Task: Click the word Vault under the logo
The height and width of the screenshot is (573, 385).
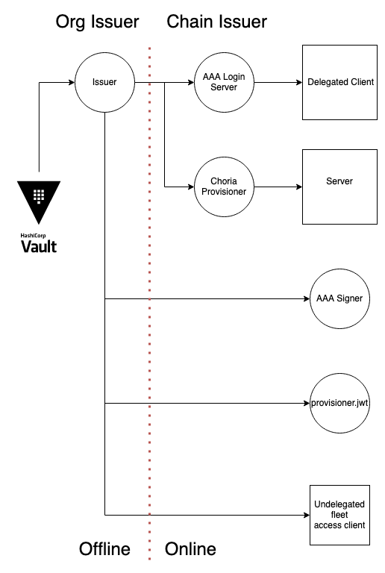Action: (39, 247)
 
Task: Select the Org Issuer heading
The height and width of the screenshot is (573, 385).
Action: (97, 22)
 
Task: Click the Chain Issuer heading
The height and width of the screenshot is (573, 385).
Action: (217, 22)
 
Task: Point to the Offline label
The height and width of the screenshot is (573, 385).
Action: (105, 549)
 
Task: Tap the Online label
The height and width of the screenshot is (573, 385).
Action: (190, 549)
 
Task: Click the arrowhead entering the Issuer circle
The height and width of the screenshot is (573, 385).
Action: (72, 82)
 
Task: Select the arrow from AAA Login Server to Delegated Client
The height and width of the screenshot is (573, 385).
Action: (278, 82)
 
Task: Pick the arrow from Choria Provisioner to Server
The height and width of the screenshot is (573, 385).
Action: (278, 187)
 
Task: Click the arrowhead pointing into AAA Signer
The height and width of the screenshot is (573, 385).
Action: (307, 298)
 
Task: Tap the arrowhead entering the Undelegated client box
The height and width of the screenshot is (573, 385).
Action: (307, 515)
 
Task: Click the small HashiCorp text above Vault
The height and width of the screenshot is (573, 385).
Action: (34, 235)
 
